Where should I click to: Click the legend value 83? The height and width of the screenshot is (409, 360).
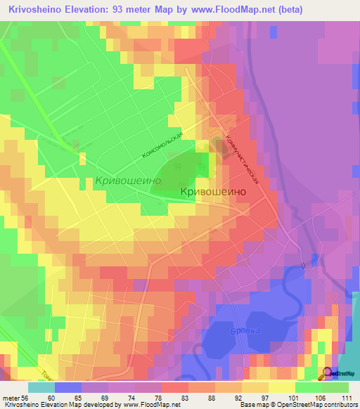coord(184,397)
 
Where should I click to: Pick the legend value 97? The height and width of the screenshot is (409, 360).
coord(264,397)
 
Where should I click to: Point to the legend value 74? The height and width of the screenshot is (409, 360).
coord(131,397)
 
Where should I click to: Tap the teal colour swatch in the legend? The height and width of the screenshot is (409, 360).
coord(41,387)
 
